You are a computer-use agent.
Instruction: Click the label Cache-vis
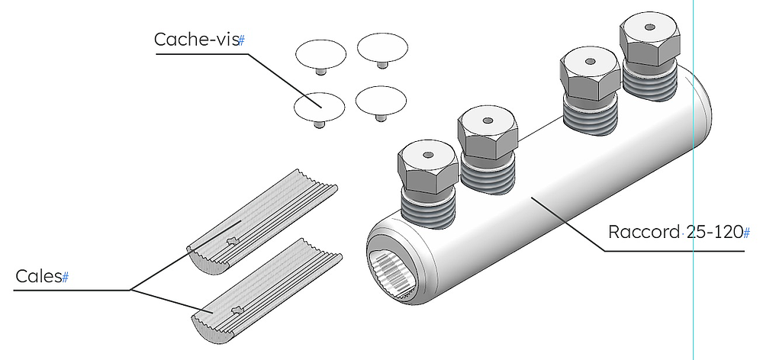coord(195,40)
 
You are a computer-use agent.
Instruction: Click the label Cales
coord(38,276)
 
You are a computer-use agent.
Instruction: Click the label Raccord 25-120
coord(674,232)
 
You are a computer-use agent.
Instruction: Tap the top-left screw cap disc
coord(320,53)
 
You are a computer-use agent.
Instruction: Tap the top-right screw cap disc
coord(382,47)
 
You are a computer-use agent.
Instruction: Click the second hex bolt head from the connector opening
coord(489,133)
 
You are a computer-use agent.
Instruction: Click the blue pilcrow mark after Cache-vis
coord(242,40)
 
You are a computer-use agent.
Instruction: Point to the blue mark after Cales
coord(65,277)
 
